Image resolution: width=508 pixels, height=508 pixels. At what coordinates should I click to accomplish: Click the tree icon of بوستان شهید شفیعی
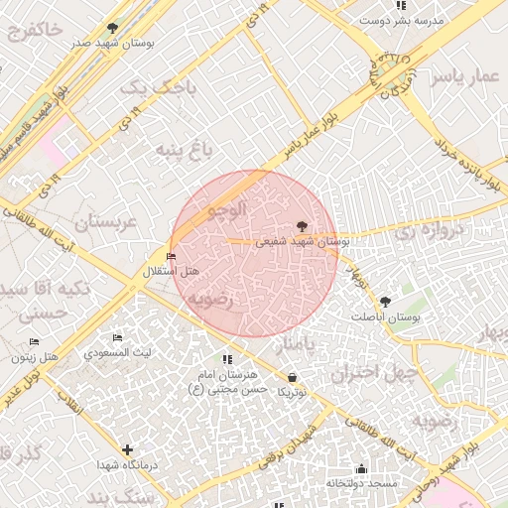303,226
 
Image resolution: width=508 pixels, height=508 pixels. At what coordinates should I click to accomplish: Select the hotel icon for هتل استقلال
173,257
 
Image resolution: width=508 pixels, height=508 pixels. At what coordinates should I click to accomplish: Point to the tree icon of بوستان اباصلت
386,301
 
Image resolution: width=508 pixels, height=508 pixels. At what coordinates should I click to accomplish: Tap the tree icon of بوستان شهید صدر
112,28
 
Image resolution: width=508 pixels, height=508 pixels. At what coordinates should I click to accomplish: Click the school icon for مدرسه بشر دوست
401,5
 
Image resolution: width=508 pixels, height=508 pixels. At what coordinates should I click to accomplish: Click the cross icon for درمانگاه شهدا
127,449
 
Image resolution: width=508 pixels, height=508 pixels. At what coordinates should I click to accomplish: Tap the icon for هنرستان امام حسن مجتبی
227,360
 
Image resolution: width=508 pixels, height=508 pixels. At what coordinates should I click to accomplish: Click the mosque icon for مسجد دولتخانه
361,468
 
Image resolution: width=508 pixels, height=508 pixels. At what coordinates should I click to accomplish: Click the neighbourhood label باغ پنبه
184,151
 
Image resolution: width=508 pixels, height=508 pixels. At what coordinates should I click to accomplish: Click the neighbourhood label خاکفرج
35,31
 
